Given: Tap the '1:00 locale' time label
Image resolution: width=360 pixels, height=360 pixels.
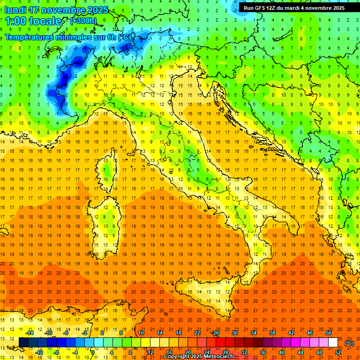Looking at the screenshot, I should coord(33,22).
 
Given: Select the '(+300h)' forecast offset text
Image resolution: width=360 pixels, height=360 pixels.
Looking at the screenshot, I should coord(83,21).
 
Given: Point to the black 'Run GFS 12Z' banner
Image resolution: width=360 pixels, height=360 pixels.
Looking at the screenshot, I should coord(294,8).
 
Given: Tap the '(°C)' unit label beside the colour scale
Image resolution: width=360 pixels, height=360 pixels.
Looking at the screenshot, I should coord(349,343).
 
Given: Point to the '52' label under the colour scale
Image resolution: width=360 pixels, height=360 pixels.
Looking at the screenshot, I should coord(338,352).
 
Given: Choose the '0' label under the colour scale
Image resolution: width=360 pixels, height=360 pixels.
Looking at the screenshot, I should coord(93,352).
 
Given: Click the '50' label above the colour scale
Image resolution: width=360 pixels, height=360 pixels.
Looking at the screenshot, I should coord(329,333).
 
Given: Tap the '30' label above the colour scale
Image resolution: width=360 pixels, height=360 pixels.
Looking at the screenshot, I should coord(235,333).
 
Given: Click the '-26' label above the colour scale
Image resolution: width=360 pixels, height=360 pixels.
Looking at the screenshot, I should coord(215,333).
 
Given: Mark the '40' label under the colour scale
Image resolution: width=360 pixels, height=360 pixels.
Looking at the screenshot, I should coord(282,352).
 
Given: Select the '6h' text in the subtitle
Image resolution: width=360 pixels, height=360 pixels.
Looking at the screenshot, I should coord(111,37).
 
